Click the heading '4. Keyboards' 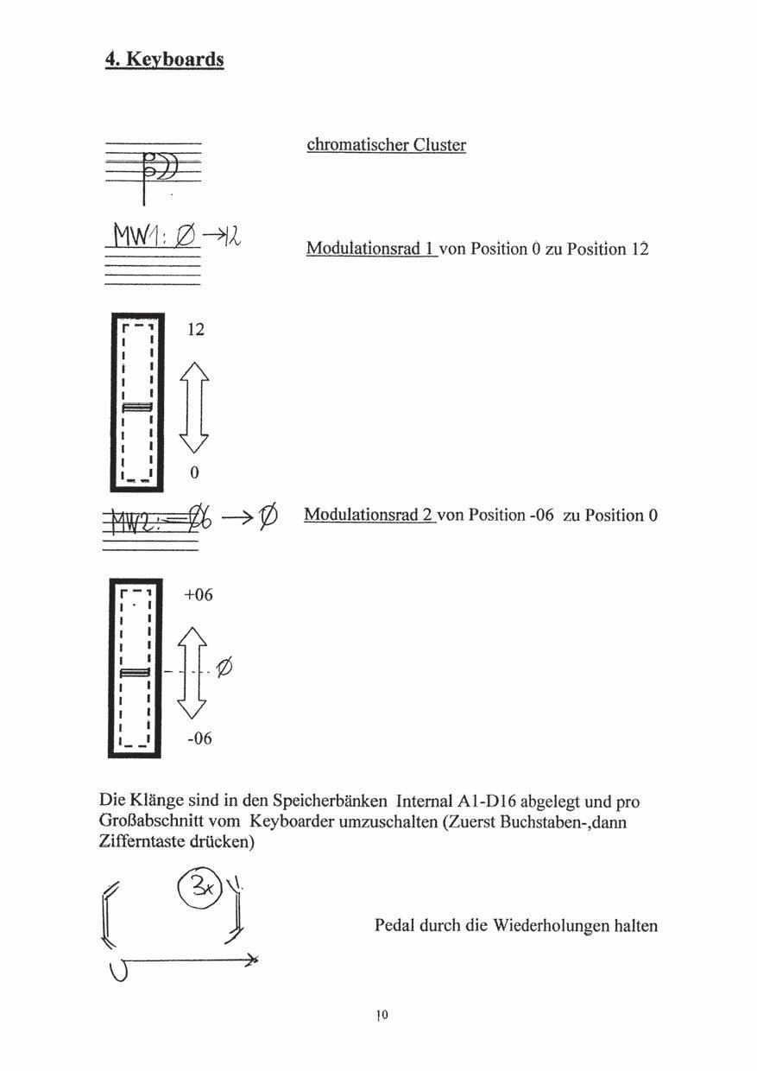(x=164, y=59)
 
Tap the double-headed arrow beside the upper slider (x=194, y=406)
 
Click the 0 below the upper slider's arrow (x=194, y=472)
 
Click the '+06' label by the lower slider (x=199, y=595)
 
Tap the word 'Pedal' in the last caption (x=394, y=925)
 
